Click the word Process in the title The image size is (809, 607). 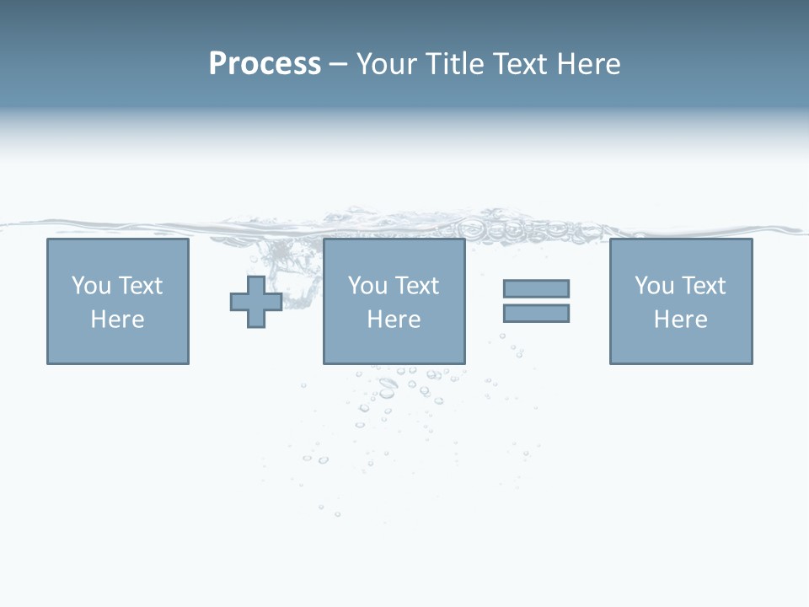(265, 64)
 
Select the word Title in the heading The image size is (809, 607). (453, 64)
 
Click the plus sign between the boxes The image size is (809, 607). (256, 302)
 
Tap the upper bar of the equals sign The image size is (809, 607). (536, 288)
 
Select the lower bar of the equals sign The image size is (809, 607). (536, 313)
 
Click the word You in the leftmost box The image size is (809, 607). (90, 286)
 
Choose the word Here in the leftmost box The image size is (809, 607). (117, 320)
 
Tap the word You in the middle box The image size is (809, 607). (367, 286)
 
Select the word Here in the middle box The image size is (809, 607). (394, 320)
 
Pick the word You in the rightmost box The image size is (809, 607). (653, 286)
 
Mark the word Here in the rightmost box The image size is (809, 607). (680, 320)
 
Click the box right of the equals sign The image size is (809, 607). (680, 346)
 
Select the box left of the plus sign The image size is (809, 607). (117, 346)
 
